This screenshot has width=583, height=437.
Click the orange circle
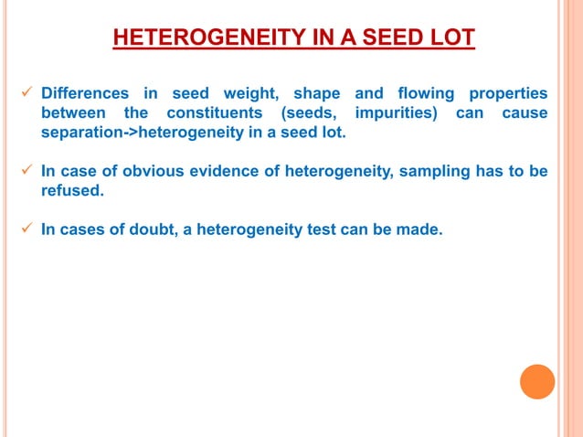pyautogui.click(x=537, y=381)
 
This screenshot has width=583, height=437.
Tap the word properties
pyautogui.click(x=508, y=94)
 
